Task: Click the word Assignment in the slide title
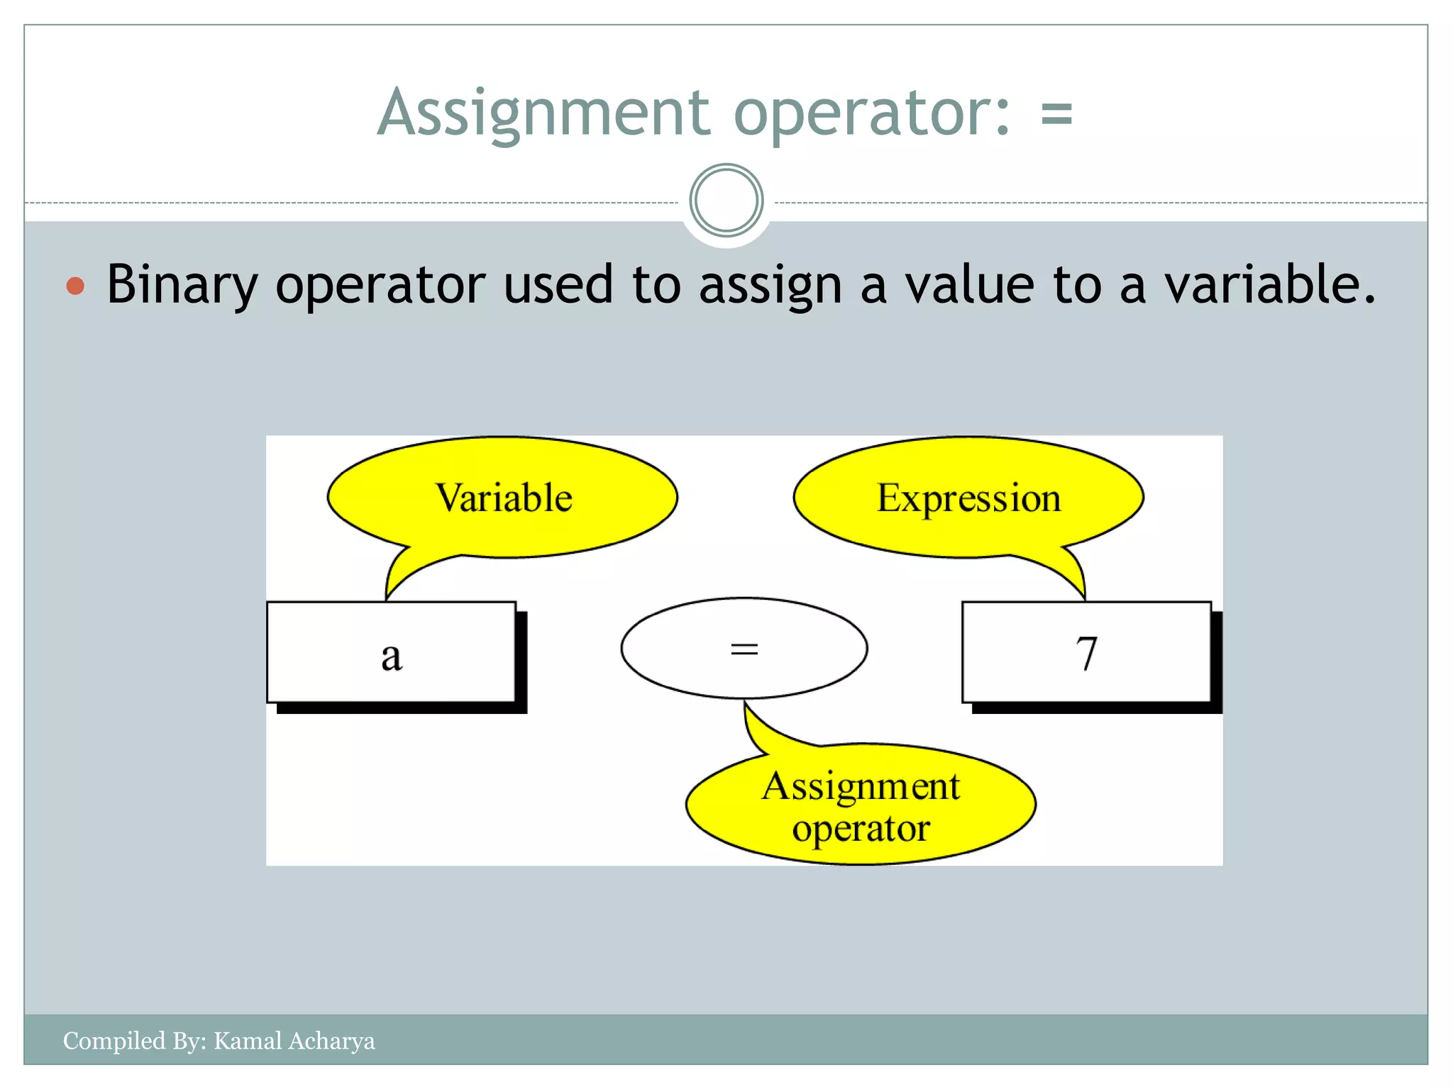543,113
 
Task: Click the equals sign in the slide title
1056,113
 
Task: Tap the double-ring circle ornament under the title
726,201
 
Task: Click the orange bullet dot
75,286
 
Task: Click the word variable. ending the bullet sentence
1270,284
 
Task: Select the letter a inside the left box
392,655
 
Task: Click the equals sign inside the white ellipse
744,649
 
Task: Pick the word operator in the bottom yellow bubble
861,828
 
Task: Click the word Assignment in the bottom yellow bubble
861,787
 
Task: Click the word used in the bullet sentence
558,284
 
